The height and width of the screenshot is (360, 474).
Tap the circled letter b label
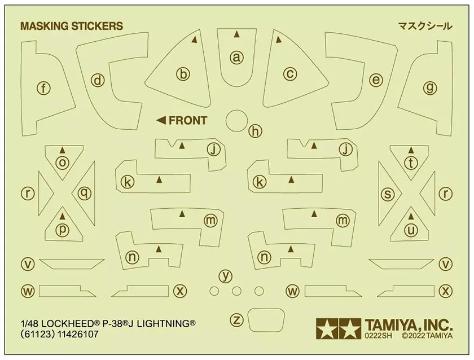[183, 74]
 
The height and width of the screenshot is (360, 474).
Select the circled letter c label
[289, 74]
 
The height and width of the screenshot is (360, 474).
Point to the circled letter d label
[99, 81]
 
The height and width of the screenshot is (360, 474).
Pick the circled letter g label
[430, 87]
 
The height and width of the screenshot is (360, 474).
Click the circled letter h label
[256, 131]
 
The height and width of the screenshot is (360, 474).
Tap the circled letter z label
[238, 320]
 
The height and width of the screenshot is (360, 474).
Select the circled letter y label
[226, 276]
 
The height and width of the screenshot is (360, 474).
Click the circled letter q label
[84, 194]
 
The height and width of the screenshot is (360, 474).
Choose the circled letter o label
[63, 162]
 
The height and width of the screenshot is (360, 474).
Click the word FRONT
[188, 120]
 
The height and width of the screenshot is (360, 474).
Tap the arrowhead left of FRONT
[161, 120]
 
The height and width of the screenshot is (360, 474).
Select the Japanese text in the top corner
[424, 26]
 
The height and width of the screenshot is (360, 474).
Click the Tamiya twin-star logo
[339, 328]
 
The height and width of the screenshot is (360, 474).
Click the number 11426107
[77, 335]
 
